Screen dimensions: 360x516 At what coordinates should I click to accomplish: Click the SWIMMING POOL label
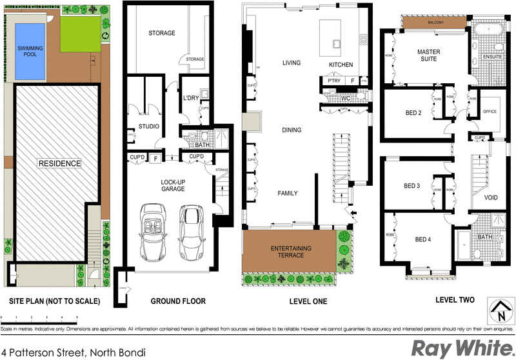[30, 52]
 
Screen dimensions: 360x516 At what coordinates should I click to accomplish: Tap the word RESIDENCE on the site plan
[59, 163]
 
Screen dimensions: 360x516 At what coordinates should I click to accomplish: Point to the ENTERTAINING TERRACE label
[291, 252]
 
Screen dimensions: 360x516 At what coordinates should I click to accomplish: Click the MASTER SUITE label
[427, 55]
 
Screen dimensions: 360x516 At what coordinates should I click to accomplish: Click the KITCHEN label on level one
[341, 65]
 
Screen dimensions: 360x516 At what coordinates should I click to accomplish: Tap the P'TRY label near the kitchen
[333, 81]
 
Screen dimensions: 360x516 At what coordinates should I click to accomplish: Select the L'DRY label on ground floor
[190, 97]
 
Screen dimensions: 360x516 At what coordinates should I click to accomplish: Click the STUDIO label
[149, 126]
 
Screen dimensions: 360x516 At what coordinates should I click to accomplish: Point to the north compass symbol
[499, 311]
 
